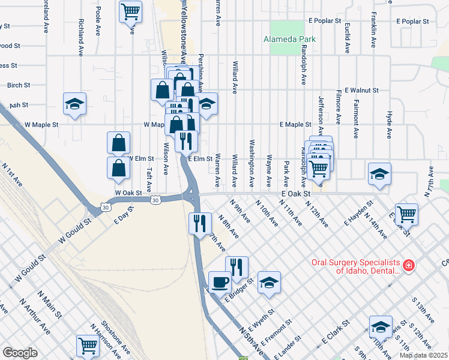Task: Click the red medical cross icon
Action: click(x=409, y=265)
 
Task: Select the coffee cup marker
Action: click(x=219, y=281)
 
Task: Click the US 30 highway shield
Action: click(x=155, y=199)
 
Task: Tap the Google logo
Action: click(x=20, y=353)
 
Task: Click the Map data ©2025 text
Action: click(x=424, y=355)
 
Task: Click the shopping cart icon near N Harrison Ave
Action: click(x=88, y=346)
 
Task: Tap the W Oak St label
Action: click(x=128, y=193)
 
